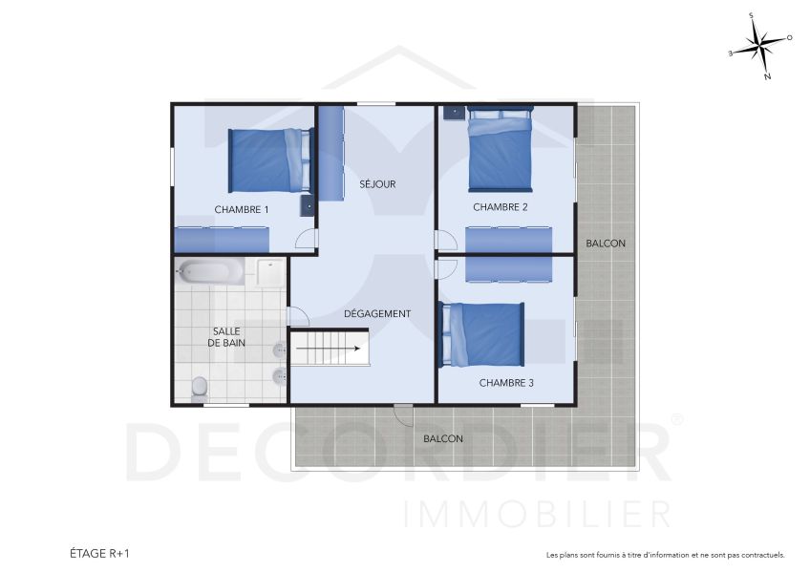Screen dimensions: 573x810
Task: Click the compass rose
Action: pyautogui.click(x=761, y=46)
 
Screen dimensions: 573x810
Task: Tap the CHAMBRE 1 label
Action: pyautogui.click(x=241, y=209)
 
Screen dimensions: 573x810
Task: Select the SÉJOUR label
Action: pyautogui.click(x=377, y=184)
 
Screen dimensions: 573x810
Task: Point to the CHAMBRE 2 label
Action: pyautogui.click(x=500, y=206)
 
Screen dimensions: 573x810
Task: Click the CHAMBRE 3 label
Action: pyautogui.click(x=506, y=382)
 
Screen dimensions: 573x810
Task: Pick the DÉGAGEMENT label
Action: pyautogui.click(x=377, y=313)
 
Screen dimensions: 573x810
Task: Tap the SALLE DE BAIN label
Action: pyautogui.click(x=226, y=336)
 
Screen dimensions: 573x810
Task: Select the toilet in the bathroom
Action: pyautogui.click(x=200, y=386)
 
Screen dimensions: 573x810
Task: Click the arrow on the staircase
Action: pyautogui.click(x=330, y=349)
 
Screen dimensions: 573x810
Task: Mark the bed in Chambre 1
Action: pyautogui.click(x=268, y=160)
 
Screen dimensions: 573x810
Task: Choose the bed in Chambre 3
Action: pyautogui.click(x=482, y=334)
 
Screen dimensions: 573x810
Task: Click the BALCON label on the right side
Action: pyautogui.click(x=606, y=244)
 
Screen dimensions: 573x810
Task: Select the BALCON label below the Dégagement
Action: pyautogui.click(x=443, y=439)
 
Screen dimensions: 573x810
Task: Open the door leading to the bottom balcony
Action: pyautogui.click(x=404, y=413)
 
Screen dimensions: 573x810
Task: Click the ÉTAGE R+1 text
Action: pyautogui.click(x=99, y=553)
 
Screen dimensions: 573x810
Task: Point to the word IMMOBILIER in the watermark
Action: pyautogui.click(x=538, y=514)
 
